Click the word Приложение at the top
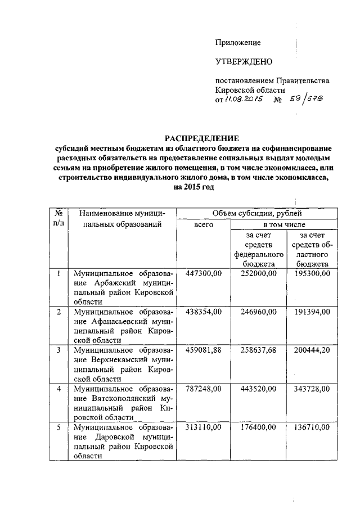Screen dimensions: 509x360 pos(238,43)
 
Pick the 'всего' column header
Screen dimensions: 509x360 pos(204,224)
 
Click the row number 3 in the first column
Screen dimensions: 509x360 pos(59,349)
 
